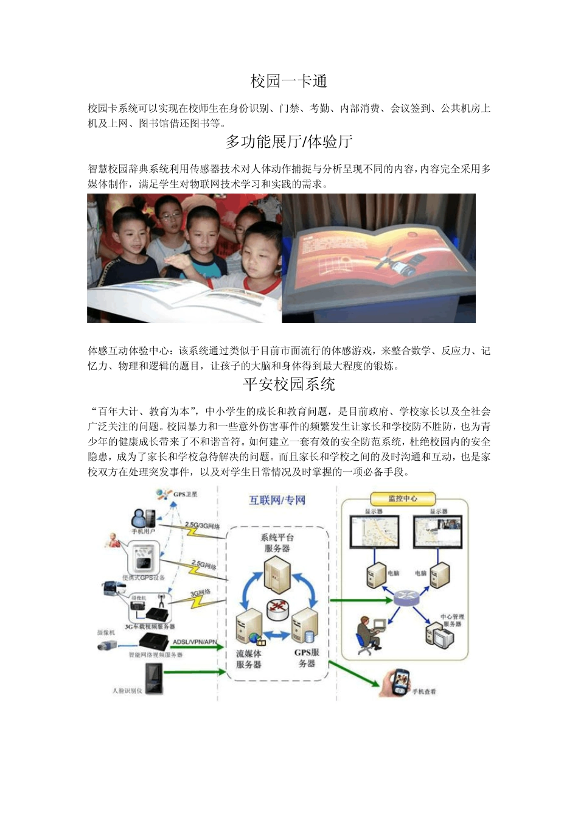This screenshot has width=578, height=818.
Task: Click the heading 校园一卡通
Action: coord(289,81)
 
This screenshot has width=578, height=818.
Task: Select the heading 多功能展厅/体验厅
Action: coord(289,142)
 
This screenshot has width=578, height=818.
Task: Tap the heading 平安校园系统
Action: coord(289,384)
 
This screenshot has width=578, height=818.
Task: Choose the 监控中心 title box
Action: coord(402,498)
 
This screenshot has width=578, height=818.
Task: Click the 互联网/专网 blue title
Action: coord(277,500)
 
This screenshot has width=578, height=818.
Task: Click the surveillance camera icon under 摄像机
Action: coord(107,646)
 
